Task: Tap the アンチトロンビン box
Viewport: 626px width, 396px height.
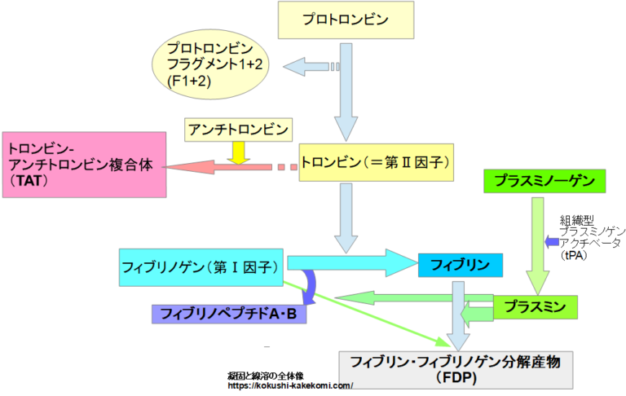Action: pyautogui.click(x=238, y=129)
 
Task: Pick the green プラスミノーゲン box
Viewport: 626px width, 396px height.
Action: pyautogui.click(x=545, y=180)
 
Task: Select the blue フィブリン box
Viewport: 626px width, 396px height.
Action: pyautogui.click(x=460, y=266)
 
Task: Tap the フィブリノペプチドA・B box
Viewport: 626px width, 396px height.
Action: pyautogui.click(x=228, y=312)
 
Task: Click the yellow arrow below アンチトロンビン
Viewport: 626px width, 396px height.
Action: pyautogui.click(x=238, y=152)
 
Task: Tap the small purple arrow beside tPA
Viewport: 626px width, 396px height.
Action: pyautogui.click(x=552, y=241)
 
